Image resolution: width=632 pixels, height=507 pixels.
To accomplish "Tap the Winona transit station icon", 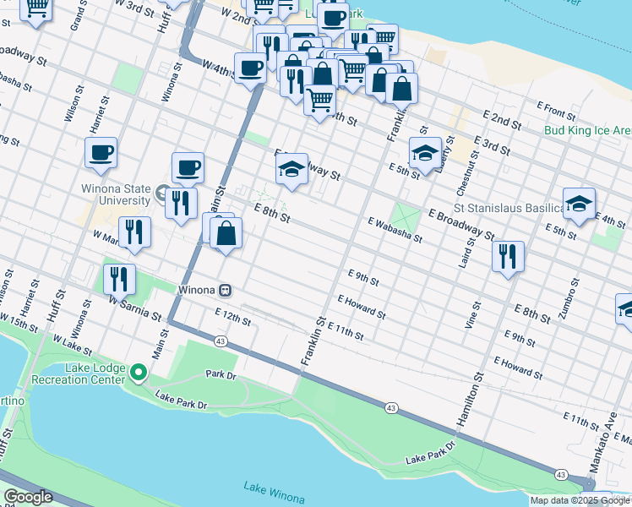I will click(226, 290).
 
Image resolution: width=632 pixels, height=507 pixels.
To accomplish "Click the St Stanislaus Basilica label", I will click(509, 208).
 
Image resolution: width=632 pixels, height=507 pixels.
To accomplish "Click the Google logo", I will click(28, 497).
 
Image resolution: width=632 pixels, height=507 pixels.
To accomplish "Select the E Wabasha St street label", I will click(395, 227).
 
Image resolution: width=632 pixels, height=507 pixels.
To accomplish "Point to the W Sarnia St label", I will click(134, 308).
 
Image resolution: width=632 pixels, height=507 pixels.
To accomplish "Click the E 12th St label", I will click(233, 317).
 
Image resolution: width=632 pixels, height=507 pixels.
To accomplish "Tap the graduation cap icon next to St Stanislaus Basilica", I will click(580, 204).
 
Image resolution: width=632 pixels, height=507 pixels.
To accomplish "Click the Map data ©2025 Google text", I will click(580, 500).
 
